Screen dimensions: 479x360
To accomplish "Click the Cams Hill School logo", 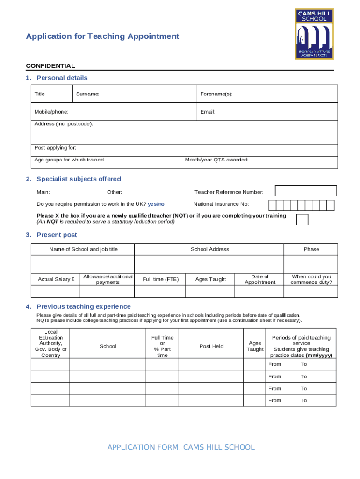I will [x=314, y=34].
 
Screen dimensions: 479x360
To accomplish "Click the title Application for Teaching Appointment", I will [x=102, y=36].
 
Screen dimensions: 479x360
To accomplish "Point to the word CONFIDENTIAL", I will [x=50, y=66].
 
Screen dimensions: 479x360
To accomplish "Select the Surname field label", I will [x=87, y=94].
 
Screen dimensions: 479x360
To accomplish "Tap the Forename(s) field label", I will [x=216, y=94].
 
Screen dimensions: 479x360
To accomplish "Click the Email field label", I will [x=208, y=112].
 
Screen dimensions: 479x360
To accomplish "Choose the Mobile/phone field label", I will [x=51, y=112].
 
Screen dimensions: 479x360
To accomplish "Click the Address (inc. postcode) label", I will [x=64, y=124].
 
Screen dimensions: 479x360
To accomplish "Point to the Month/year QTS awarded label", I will [x=216, y=160].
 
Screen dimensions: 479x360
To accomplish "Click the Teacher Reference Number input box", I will [x=306, y=191].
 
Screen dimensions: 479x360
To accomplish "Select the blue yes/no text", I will [x=156, y=204].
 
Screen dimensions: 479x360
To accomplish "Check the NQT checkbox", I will [x=302, y=219].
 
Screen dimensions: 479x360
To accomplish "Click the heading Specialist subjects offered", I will [x=79, y=179].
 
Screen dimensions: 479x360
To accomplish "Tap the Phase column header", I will [x=311, y=249].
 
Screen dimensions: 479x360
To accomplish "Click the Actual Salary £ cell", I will [x=56, y=279].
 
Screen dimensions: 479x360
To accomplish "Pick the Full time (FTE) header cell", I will [x=160, y=279].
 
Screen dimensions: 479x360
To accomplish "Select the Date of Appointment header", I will [x=260, y=279].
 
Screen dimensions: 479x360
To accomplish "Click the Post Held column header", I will [x=211, y=347].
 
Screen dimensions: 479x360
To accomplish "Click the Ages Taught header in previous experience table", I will [x=255, y=347].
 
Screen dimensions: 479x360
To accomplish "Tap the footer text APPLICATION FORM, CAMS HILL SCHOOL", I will [x=181, y=448].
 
